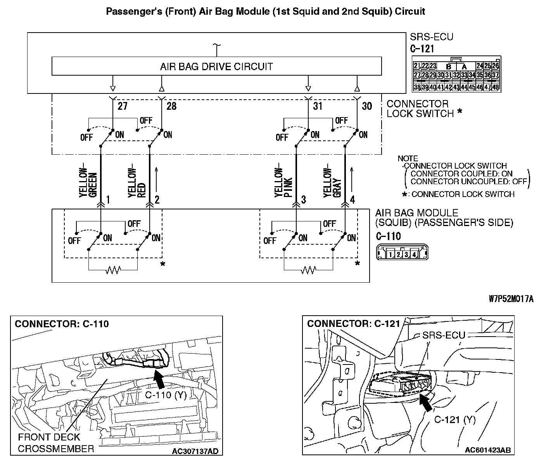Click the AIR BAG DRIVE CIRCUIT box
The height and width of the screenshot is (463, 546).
tap(216, 66)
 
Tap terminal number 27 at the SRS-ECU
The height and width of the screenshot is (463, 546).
tap(122, 106)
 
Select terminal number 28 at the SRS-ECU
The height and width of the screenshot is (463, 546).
tap(171, 106)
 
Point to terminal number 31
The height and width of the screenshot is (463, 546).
tap(318, 106)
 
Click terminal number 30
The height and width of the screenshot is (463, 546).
tap(366, 106)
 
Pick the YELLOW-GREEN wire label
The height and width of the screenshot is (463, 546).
tap(88, 182)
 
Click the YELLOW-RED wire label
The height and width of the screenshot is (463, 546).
tap(137, 182)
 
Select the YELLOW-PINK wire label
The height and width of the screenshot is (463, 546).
tap(283, 182)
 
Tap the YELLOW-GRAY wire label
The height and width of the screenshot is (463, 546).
tap(332, 182)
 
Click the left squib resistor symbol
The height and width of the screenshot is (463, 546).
tap(113, 270)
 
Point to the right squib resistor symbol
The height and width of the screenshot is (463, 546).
tap(308, 270)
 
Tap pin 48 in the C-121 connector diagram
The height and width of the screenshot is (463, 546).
tap(495, 87)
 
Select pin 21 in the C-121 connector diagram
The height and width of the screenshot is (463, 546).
tap(417, 66)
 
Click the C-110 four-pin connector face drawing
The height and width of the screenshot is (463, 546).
tap(402, 254)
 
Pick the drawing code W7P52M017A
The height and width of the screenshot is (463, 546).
tap(511, 299)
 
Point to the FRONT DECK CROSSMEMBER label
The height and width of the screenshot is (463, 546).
tap(56, 443)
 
